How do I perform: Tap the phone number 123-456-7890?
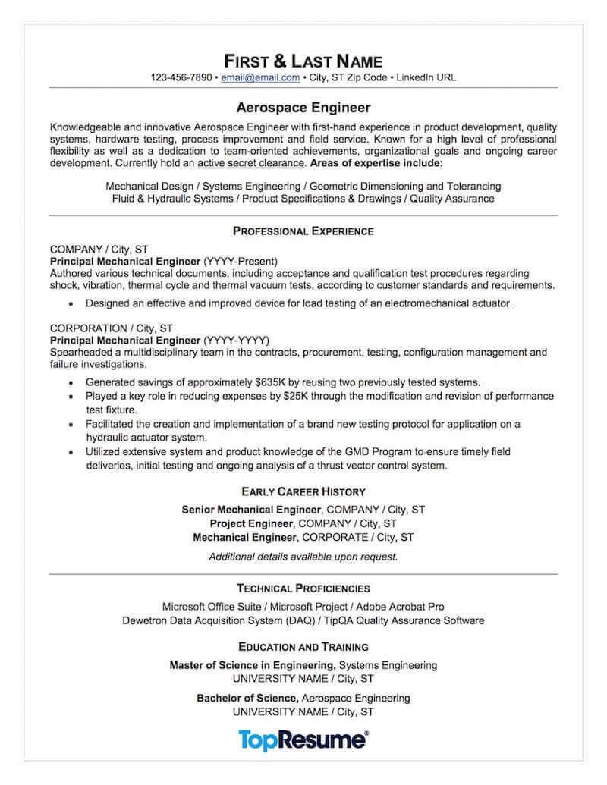(x=181, y=77)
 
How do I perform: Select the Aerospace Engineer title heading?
(x=303, y=108)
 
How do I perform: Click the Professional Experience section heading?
(x=303, y=231)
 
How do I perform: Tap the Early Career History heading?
(x=303, y=491)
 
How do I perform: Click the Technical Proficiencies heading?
(x=303, y=588)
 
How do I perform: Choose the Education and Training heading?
(x=303, y=647)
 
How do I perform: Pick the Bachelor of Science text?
(x=247, y=698)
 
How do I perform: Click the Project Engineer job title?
(x=251, y=523)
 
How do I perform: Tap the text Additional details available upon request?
(x=303, y=557)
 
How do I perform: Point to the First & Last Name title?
(x=303, y=60)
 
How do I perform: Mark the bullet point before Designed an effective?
(x=70, y=303)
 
